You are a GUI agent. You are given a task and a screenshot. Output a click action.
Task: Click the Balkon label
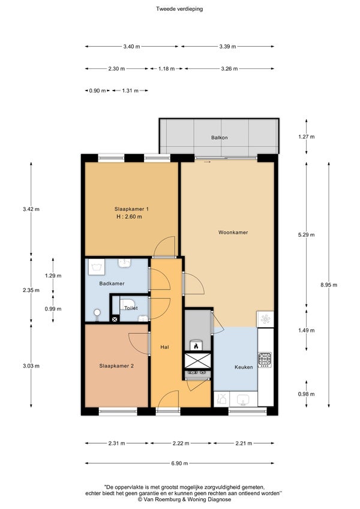220,137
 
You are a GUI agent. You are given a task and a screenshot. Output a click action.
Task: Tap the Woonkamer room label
233,232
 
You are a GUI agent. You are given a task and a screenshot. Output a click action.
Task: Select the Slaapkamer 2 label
116,366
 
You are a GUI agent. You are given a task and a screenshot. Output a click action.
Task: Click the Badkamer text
112,284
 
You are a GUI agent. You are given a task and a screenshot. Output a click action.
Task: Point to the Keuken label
244,367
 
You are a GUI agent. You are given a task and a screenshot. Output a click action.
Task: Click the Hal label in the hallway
165,347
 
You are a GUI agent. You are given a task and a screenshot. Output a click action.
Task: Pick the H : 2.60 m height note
129,216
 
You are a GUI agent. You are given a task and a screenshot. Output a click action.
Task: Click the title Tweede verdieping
179,9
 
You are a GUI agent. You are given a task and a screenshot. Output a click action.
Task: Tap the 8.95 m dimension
329,285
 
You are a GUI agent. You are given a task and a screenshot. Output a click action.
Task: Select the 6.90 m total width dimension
179,463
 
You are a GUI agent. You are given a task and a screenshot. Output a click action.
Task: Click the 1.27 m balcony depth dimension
307,137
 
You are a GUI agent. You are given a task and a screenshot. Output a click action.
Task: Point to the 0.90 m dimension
97,91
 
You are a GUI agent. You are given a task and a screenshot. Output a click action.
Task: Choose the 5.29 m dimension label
307,234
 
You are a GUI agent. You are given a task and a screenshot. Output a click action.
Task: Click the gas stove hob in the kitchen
265,359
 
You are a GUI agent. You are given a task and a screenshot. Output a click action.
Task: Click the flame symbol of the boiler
196,346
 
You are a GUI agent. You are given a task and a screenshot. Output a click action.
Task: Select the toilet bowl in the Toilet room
128,305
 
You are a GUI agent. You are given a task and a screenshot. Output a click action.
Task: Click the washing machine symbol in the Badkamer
96,267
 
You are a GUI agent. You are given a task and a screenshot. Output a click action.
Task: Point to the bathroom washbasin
124,263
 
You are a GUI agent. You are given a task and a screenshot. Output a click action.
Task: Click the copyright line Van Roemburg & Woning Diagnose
185,499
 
